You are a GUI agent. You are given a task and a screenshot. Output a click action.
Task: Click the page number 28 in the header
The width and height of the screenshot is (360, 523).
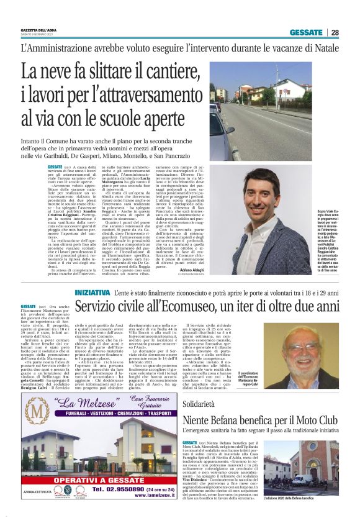click(335, 32)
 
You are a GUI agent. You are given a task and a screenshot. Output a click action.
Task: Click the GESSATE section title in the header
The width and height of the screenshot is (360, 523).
click(307, 32)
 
